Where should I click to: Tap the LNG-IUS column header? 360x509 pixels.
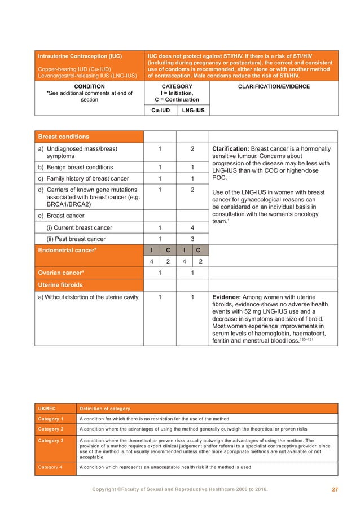click(192, 111)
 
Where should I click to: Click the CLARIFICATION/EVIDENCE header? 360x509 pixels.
click(274, 87)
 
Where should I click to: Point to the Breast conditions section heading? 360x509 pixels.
click(63, 137)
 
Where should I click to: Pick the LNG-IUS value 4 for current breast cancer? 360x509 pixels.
click(192, 227)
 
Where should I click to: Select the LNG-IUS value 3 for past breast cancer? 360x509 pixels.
click(192, 239)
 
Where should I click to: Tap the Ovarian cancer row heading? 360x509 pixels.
click(61, 273)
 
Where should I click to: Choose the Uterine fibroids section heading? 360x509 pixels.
click(60, 285)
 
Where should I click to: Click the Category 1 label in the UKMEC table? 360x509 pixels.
click(51, 419)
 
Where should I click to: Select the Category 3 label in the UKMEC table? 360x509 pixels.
click(51, 440)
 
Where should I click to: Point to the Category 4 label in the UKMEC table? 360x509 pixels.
click(51, 467)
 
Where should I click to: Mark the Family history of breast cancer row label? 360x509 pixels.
click(84, 179)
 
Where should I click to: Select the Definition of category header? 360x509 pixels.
click(105, 409)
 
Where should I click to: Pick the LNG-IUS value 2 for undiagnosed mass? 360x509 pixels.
click(192, 149)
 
